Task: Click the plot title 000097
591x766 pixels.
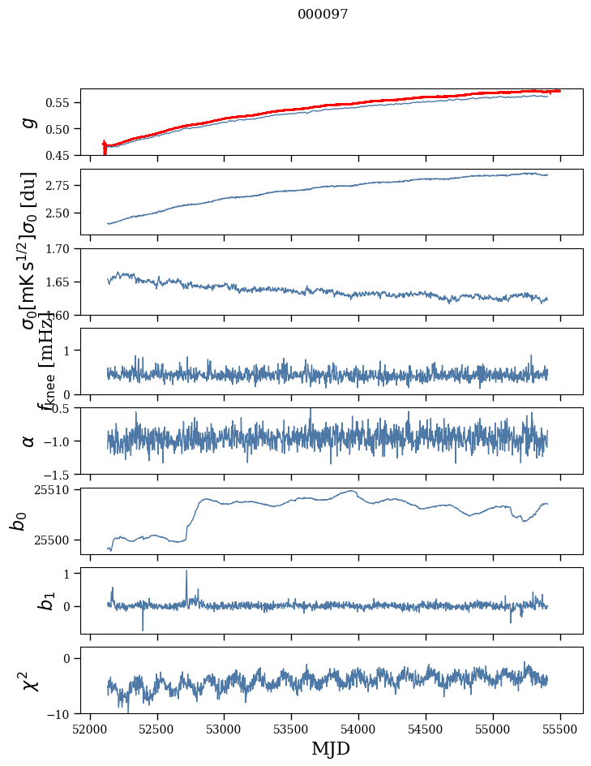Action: tap(323, 15)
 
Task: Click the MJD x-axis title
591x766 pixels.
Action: tap(331, 748)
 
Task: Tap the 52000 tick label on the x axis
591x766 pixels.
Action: tap(90, 729)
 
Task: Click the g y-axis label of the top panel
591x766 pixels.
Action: tap(29, 122)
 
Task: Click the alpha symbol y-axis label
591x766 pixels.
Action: tap(29, 441)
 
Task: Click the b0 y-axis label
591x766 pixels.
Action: tap(19, 520)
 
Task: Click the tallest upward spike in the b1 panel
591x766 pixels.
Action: tap(186, 571)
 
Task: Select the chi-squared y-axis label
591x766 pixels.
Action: tap(28, 680)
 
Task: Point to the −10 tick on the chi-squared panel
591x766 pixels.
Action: tap(60, 714)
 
